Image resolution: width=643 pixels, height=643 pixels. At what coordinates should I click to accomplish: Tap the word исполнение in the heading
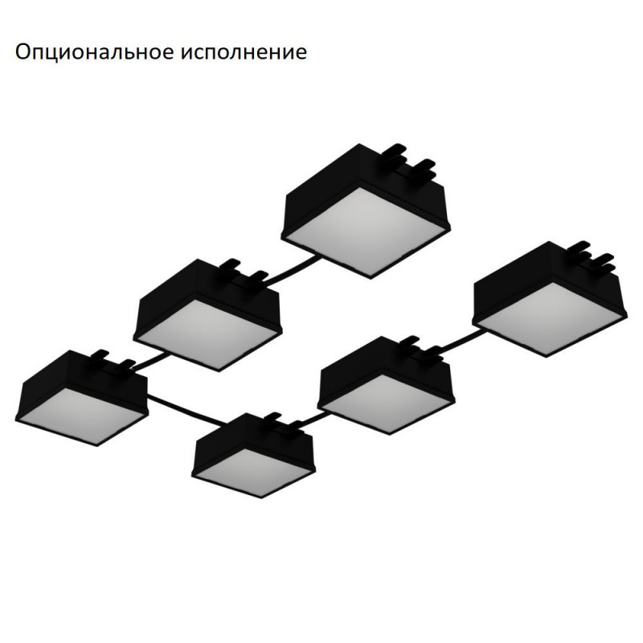pyautogui.click(x=244, y=52)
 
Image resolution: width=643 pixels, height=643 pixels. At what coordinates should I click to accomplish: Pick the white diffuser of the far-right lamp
pyautogui.click(x=550, y=317)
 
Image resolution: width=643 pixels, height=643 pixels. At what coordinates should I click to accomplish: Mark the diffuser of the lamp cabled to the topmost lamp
pyautogui.click(x=207, y=333)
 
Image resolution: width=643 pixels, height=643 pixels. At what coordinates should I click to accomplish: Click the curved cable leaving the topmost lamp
pyautogui.click(x=293, y=270)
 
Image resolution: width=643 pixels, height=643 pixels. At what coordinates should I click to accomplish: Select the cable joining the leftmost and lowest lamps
pyautogui.click(x=186, y=410)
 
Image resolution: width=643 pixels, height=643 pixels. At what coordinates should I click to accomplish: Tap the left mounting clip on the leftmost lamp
pyautogui.click(x=100, y=355)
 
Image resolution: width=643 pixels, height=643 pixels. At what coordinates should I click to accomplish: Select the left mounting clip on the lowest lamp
pyautogui.click(x=272, y=418)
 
